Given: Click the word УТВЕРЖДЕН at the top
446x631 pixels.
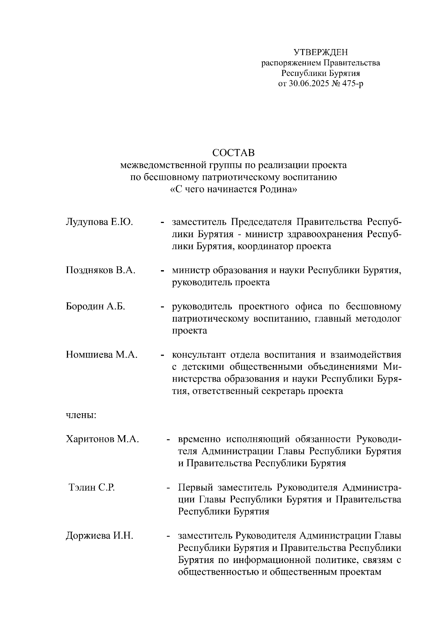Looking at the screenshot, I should point(320,52).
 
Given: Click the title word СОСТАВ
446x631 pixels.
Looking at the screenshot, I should point(233,153).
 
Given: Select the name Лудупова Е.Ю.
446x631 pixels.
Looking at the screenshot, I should point(99,222).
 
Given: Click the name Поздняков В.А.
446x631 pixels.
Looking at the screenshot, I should point(100,270).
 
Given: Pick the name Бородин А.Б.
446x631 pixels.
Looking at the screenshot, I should point(96,307).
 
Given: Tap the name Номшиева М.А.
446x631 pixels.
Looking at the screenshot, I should point(102,355).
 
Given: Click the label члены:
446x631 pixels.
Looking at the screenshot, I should point(81,415).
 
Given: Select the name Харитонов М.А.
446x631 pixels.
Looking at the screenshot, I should point(103,439).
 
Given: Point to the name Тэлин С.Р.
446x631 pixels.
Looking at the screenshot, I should point(92,487).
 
